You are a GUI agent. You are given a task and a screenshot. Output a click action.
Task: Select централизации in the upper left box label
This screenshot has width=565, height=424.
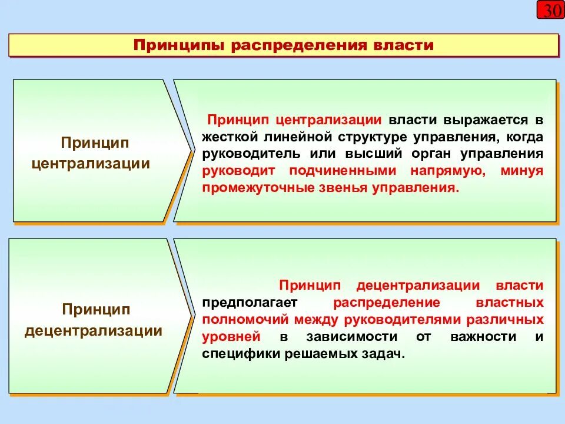click(x=91, y=163)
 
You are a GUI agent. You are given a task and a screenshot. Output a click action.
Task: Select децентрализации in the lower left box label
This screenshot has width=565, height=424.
click(x=94, y=331)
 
